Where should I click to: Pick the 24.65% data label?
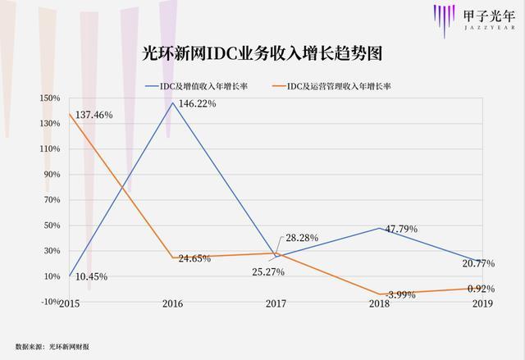[x=194, y=258]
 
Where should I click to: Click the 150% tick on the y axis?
[x=49, y=98]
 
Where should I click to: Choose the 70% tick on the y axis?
[x=52, y=200]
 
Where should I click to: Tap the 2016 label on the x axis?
[x=172, y=303]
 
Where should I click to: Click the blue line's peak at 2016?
[x=172, y=102]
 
